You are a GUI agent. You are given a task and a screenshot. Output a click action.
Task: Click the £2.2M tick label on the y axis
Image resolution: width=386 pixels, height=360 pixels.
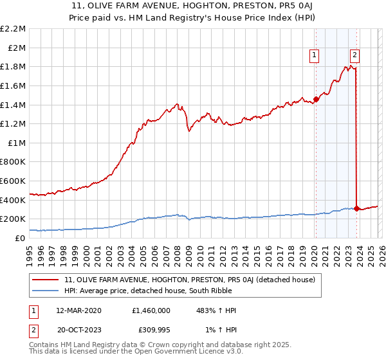[x=14, y=29]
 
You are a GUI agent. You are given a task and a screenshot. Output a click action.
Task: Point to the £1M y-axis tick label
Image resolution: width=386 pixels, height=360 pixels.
[x=17, y=143]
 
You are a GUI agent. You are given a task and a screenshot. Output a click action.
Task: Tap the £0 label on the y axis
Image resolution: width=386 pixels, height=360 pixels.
[x=21, y=238]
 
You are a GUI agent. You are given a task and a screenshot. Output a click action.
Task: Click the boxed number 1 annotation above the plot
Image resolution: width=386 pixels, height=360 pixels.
[x=315, y=56]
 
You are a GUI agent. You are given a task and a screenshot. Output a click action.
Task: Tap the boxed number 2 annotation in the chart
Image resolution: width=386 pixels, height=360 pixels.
[x=355, y=56]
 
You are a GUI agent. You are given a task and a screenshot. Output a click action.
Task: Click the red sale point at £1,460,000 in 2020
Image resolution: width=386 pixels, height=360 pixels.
[x=316, y=99]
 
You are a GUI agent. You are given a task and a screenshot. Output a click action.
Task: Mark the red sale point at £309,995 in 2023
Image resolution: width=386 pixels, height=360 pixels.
[x=356, y=208]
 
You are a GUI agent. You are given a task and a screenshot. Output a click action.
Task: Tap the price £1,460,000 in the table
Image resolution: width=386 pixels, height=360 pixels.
[x=150, y=310]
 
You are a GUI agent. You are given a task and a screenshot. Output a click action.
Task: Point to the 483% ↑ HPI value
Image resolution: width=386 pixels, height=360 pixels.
[x=216, y=310]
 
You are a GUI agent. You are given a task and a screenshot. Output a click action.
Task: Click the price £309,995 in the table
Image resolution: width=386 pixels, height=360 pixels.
[x=150, y=331]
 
